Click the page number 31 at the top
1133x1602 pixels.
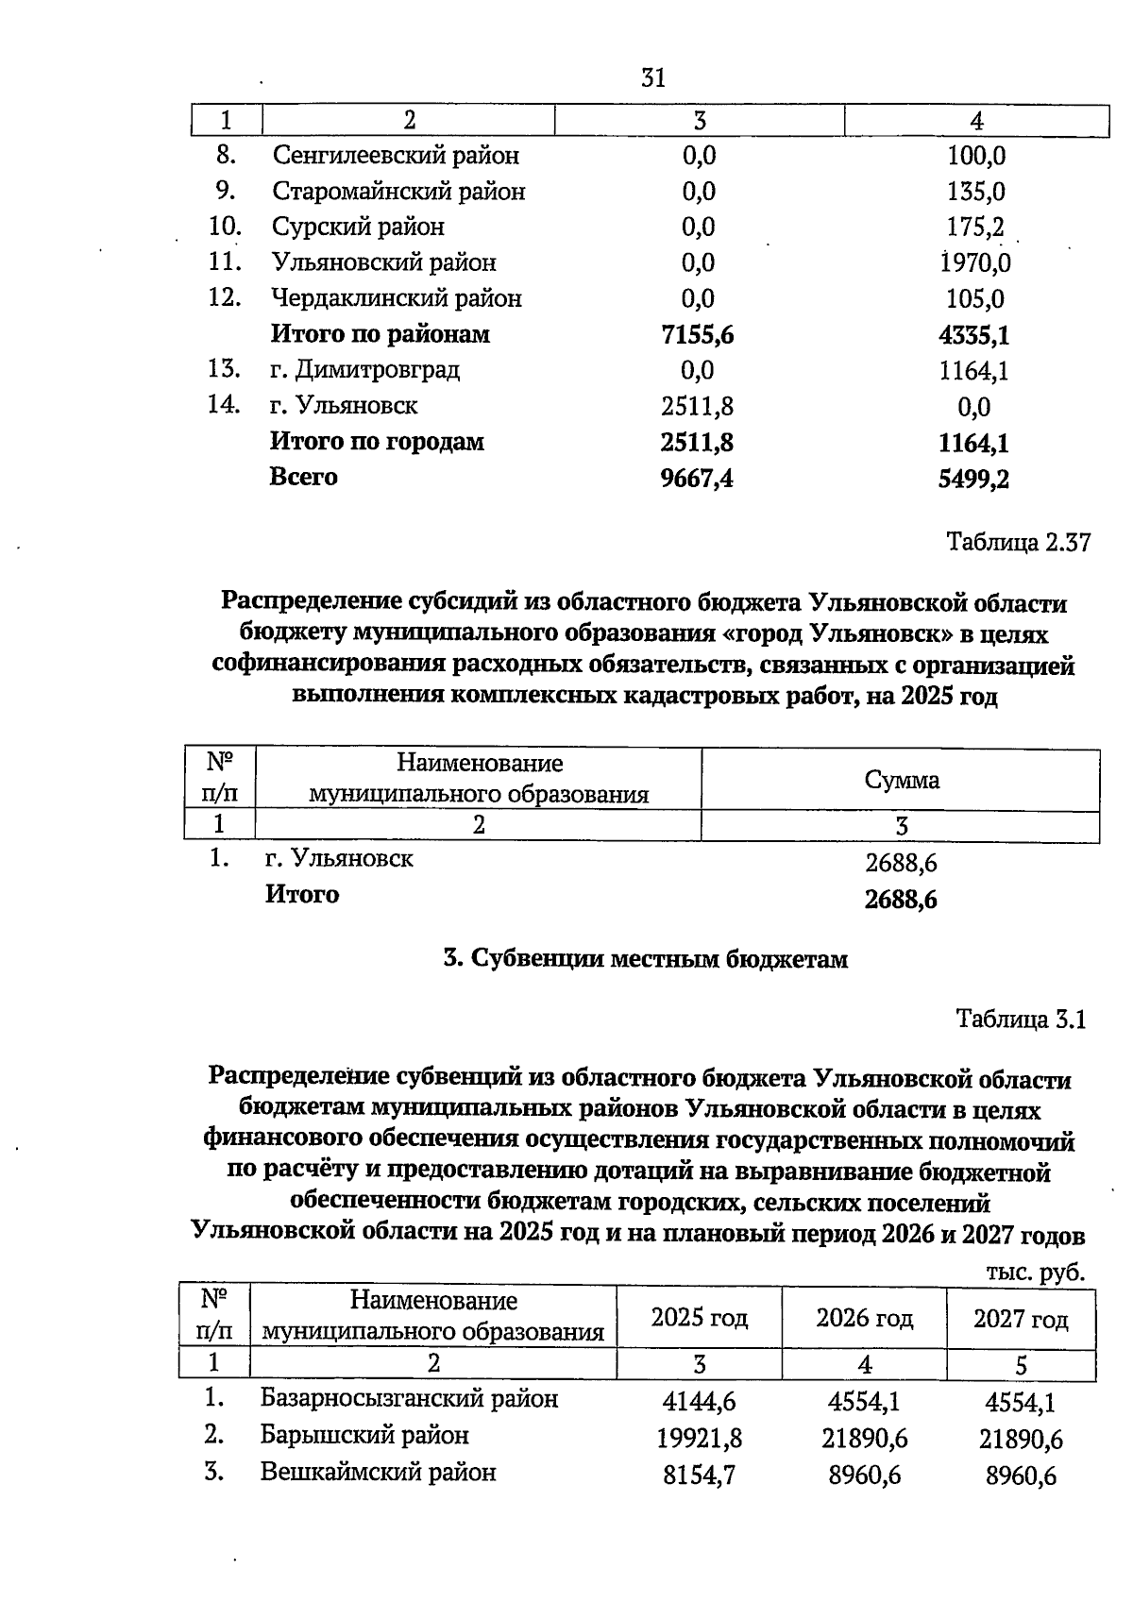[652, 78]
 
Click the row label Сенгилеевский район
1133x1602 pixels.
[396, 155]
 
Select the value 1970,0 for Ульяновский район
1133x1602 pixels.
[975, 263]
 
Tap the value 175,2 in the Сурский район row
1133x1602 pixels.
[975, 228]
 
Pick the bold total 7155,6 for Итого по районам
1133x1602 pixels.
[698, 335]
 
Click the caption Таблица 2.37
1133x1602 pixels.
[1018, 543]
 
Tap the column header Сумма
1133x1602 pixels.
[902, 780]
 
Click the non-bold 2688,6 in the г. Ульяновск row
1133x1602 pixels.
[901, 863]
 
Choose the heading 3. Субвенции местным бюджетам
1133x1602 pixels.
[646, 959]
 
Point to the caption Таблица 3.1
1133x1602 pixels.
[1022, 1020]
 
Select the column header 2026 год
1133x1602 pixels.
[864, 1318]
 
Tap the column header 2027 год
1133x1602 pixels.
[1021, 1319]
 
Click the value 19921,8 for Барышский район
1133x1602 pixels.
[700, 1439]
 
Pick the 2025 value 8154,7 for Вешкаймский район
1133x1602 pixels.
[700, 1476]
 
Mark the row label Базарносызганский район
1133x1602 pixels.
[409, 1398]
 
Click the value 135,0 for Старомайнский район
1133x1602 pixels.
[975, 192]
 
